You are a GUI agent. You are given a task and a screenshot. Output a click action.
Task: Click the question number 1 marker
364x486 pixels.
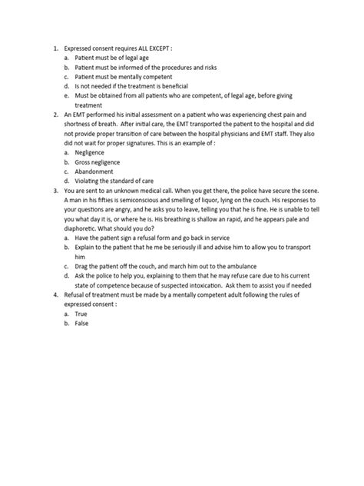point(55,47)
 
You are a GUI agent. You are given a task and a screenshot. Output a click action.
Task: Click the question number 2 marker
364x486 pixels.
point(55,115)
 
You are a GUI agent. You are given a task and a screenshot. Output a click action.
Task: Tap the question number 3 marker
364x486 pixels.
point(55,191)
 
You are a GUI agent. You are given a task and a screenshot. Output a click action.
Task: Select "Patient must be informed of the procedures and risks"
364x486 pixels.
point(148,66)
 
